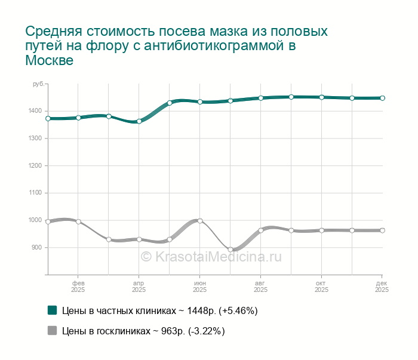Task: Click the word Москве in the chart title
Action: (49, 61)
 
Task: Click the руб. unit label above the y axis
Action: (38, 84)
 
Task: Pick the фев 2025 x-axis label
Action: (78, 286)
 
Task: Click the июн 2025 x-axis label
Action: (200, 286)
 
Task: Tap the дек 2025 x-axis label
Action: (382, 286)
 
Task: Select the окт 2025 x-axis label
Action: (321, 286)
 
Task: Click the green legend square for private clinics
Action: (53, 310)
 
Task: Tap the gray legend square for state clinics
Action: (53, 331)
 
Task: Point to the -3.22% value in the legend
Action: (205, 331)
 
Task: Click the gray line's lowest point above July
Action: (230, 250)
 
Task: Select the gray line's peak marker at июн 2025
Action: (200, 221)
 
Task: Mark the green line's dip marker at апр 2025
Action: (139, 121)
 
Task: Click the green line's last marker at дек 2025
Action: (382, 98)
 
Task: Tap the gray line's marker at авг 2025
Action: (261, 230)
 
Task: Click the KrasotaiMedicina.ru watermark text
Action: (210, 256)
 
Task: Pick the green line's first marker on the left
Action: (48, 119)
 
